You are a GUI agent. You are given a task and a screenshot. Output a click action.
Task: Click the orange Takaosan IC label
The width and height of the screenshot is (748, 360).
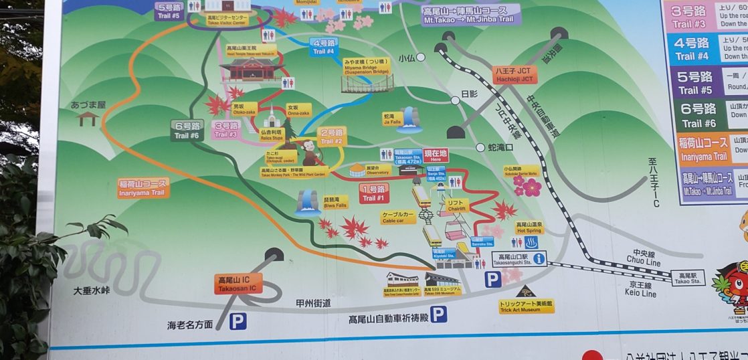[x=238, y=284]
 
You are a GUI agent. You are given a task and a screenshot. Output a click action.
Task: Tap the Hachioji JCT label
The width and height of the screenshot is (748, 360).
[x=516, y=74]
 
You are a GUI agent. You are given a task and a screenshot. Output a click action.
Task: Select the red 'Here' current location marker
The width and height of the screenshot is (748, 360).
[x=435, y=155]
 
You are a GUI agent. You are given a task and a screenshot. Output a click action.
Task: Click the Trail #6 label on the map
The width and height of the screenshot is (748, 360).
[x=186, y=129]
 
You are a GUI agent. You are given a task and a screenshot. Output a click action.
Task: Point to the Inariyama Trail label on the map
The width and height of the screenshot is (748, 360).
[x=143, y=188]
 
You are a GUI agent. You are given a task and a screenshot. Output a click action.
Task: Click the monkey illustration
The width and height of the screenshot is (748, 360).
[x=310, y=153]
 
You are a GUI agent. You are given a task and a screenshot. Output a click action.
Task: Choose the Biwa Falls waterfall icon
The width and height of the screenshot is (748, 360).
[x=308, y=201]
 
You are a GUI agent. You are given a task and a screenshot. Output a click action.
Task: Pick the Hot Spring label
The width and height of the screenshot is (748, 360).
[x=529, y=228]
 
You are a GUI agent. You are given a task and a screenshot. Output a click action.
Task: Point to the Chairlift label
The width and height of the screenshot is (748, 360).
[x=458, y=205]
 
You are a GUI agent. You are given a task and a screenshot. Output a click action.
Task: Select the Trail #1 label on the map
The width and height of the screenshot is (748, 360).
[x=373, y=193]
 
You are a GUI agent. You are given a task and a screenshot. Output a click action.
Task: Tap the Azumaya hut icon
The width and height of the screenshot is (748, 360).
[x=88, y=118]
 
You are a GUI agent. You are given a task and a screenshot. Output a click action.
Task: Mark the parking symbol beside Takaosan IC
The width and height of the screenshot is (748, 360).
[x=238, y=322]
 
